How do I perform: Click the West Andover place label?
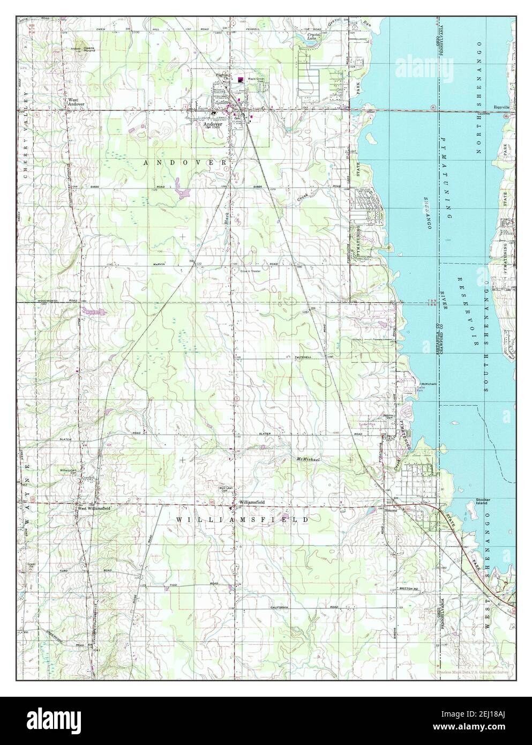coord(76,102)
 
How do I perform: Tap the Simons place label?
coord(392,510)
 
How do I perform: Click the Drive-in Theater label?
coord(250,271)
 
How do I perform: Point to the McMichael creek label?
coord(309,460)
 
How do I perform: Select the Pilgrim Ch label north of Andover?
coord(223,76)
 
